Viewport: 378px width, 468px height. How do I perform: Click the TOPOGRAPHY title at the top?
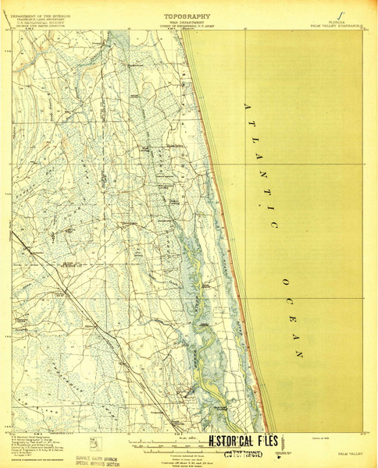tap(188, 15)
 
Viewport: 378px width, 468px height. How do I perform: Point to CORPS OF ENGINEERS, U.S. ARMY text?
tap(188, 26)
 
